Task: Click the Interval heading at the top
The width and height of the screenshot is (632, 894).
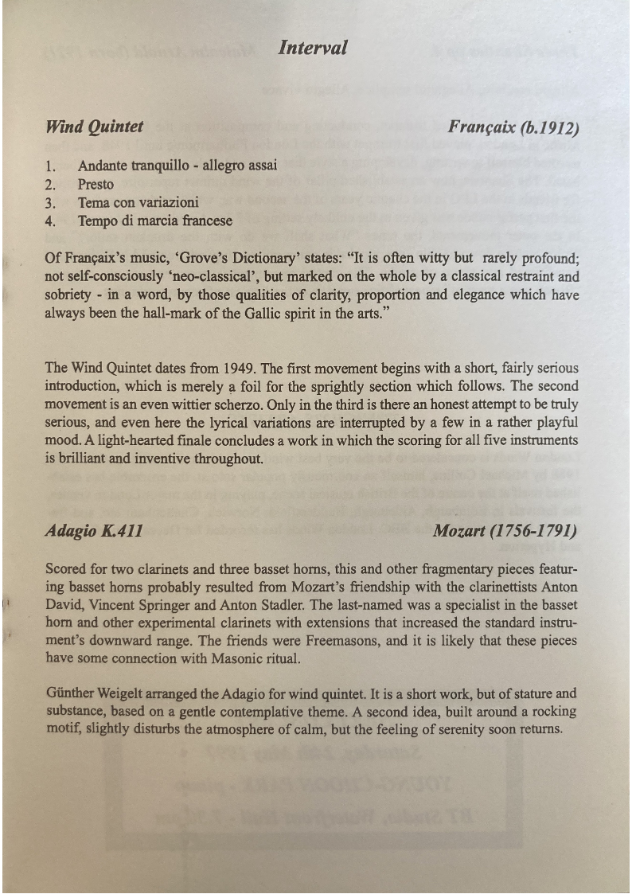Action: click(x=313, y=48)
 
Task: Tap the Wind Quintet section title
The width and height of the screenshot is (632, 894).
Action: click(x=95, y=127)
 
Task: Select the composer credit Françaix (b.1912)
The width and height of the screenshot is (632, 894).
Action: click(x=513, y=127)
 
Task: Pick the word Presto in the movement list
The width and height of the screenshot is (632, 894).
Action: click(x=96, y=185)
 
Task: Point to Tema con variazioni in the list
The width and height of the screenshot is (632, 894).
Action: click(x=138, y=202)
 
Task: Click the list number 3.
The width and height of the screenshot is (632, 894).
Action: click(x=49, y=202)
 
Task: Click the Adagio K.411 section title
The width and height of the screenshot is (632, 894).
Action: click(x=95, y=531)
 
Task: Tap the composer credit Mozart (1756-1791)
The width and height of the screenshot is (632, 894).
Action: click(x=505, y=531)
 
